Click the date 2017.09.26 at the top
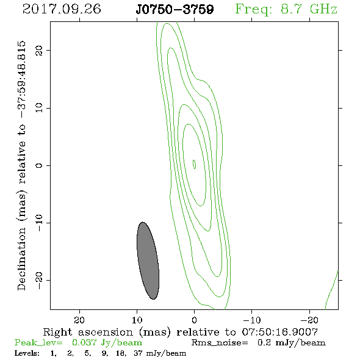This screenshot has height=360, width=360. (x=62, y=9)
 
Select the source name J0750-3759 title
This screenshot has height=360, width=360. (x=175, y=9)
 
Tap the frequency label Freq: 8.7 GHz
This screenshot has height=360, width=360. (x=286, y=9)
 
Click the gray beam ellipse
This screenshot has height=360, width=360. (x=148, y=261)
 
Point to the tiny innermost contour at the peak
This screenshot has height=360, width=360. (x=194, y=164)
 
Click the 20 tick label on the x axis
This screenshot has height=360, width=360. (x=79, y=320)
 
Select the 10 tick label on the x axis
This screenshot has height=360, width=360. (x=137, y=320)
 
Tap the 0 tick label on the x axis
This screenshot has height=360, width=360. (x=194, y=320)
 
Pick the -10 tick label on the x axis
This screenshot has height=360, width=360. (x=252, y=320)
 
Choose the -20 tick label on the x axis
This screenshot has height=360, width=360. (x=309, y=320)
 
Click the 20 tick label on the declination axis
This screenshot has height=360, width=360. (x=39, y=50)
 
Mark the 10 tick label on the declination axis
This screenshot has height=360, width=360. (x=39, y=108)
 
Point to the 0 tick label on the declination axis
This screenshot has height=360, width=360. (x=39, y=165)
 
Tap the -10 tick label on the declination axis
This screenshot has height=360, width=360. (x=39, y=223)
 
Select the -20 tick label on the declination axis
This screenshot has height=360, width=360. (x=39, y=281)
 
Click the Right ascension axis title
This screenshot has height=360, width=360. (x=181, y=332)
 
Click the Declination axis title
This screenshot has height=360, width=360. (x=21, y=165)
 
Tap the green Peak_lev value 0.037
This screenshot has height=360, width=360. (x=84, y=342)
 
